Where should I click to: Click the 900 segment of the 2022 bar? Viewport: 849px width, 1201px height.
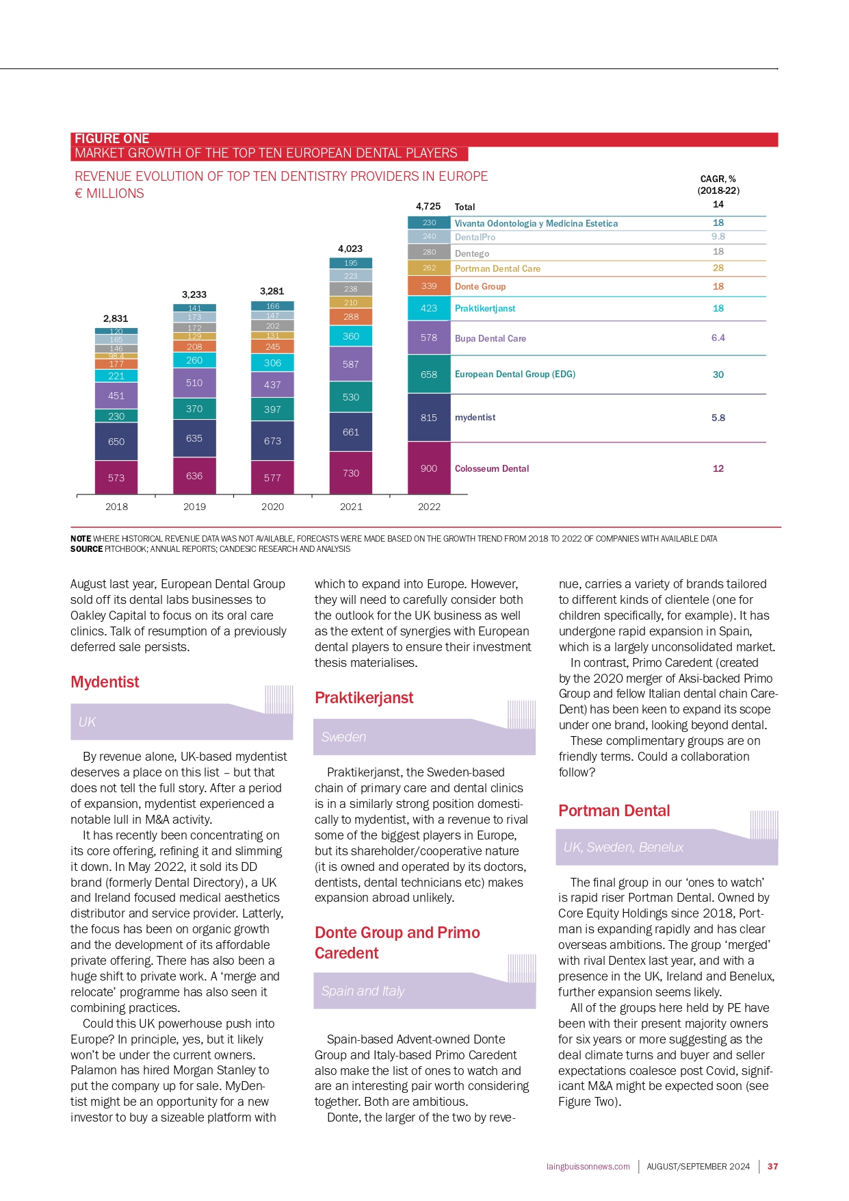point(429,468)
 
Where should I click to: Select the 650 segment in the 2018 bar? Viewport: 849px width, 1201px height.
point(116,442)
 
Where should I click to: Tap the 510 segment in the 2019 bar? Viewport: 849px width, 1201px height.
point(194,383)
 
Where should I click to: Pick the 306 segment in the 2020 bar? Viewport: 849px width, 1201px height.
point(272,363)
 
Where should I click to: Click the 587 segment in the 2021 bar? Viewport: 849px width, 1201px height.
point(351,364)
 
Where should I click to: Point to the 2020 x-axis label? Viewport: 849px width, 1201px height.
point(272,507)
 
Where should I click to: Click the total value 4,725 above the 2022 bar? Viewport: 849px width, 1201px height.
point(428,206)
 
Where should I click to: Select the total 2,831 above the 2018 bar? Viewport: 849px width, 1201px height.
point(116,318)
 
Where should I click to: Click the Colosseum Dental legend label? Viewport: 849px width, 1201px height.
point(492,468)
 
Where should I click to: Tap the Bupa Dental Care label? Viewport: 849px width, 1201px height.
point(491,338)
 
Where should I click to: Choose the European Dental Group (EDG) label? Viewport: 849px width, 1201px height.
point(515,374)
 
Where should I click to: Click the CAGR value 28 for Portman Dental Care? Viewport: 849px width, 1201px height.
point(718,268)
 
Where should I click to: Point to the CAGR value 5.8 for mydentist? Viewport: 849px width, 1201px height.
point(718,418)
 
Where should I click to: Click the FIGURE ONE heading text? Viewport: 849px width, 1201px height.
point(112,139)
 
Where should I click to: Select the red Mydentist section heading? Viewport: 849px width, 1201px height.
point(105,682)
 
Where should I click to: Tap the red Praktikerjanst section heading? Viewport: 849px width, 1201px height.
point(364,698)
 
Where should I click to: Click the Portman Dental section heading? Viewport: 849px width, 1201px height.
point(614,811)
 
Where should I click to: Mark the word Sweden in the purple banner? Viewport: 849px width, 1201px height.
point(343,737)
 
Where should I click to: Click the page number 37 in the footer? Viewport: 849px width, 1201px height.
point(773,1166)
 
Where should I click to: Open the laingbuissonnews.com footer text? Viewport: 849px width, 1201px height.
point(588,1167)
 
